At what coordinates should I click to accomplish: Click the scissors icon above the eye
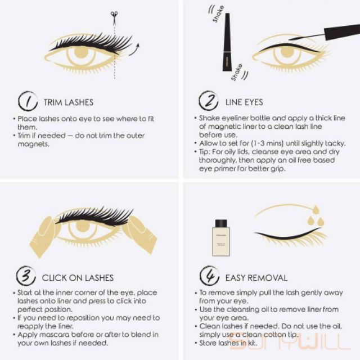tap(114, 17)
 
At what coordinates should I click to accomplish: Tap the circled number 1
tap(28, 101)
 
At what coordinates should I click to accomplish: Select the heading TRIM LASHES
tap(69, 102)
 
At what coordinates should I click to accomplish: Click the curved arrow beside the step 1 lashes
tap(134, 49)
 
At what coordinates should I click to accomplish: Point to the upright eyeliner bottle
tap(226, 42)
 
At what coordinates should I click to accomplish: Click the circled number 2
tap(209, 101)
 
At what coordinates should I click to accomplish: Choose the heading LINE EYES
tap(244, 102)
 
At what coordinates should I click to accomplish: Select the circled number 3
tap(26, 276)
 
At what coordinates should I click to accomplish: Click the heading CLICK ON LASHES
tap(78, 278)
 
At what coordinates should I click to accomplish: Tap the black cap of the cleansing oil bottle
tap(221, 223)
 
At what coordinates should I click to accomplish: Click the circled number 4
tap(209, 276)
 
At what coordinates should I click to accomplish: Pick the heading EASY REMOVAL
tap(256, 278)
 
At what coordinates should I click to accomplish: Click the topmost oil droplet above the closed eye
tap(316, 209)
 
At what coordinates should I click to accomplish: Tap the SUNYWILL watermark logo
tap(290, 341)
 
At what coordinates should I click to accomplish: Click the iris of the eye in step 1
tap(81, 53)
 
